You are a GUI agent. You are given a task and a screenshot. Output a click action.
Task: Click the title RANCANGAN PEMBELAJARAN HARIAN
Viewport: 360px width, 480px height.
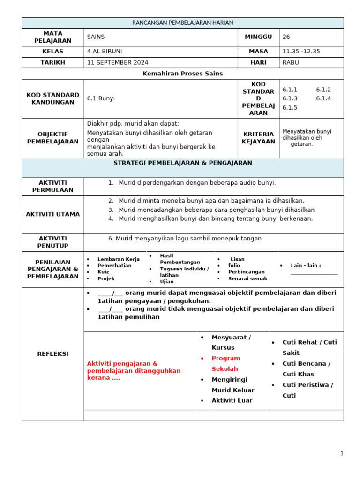pyautogui.click(x=182, y=23)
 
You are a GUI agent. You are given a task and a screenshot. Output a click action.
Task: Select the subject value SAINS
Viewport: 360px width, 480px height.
pyautogui.click(x=96, y=37)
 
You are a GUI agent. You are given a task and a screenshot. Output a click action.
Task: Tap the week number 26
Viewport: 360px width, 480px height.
pyautogui.click(x=286, y=37)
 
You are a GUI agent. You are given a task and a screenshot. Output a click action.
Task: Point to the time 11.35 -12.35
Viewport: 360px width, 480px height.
pyautogui.click(x=301, y=52)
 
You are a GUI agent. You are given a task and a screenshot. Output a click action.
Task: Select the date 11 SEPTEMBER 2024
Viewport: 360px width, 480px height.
pyautogui.click(x=117, y=62)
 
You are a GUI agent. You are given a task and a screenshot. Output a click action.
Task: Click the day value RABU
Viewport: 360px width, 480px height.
pyautogui.click(x=291, y=62)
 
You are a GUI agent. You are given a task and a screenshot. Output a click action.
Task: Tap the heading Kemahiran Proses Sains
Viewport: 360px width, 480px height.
pyautogui.click(x=182, y=74)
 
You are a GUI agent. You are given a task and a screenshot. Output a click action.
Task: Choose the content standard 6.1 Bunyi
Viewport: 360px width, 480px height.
pyautogui.click(x=101, y=98)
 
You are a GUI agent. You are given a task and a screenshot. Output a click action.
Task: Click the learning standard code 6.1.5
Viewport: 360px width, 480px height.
pyautogui.click(x=290, y=107)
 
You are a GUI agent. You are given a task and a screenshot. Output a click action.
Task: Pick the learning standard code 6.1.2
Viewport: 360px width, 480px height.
pyautogui.click(x=323, y=90)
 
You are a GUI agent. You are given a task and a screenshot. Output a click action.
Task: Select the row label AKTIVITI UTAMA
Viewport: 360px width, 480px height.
pyautogui.click(x=52, y=214)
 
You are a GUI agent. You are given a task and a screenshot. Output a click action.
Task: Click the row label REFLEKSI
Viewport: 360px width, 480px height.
pyautogui.click(x=52, y=353)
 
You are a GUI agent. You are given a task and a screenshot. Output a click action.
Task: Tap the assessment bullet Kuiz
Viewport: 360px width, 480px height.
pyautogui.click(x=103, y=272)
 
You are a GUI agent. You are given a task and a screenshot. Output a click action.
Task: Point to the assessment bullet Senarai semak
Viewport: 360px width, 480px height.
pyautogui.click(x=247, y=278)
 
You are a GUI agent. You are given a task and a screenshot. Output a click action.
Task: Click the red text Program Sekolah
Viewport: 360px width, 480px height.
pyautogui.click(x=225, y=363)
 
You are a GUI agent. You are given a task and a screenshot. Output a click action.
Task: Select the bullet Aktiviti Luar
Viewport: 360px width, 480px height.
pyautogui.click(x=232, y=400)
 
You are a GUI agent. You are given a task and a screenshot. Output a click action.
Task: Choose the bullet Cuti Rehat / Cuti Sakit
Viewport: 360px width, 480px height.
pyautogui.click(x=309, y=347)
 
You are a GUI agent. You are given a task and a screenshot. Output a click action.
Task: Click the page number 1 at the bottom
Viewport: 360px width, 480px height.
pyautogui.click(x=342, y=453)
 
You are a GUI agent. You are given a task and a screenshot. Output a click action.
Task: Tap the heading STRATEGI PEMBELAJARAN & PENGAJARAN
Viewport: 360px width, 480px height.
pyautogui.click(x=182, y=163)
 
